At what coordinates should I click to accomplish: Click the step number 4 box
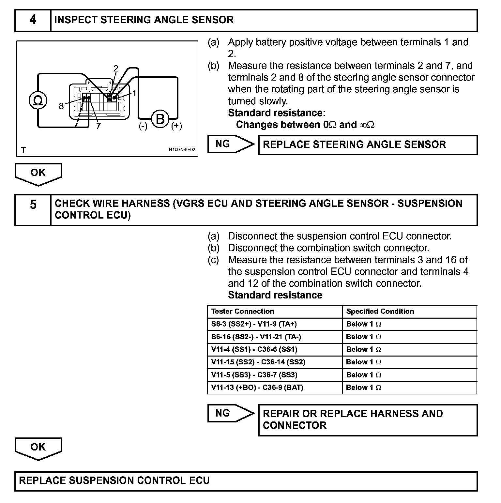click(x=33, y=20)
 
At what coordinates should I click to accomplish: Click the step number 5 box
click(x=33, y=209)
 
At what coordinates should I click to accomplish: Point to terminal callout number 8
click(x=61, y=106)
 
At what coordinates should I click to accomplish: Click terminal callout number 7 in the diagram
click(x=98, y=126)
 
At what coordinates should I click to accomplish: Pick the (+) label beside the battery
click(x=176, y=126)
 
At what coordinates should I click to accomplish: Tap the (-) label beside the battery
click(x=143, y=126)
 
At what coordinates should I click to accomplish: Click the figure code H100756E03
click(x=182, y=150)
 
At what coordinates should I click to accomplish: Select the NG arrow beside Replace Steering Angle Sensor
click(x=231, y=144)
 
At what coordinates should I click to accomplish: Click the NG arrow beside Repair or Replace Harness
click(x=231, y=413)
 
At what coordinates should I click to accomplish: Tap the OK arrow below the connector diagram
click(x=38, y=174)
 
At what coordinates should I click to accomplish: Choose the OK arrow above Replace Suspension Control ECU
click(x=38, y=448)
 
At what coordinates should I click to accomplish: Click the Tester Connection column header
click(x=242, y=311)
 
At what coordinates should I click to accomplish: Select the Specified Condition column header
click(x=380, y=311)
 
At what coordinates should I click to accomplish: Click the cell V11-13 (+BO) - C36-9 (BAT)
click(x=257, y=388)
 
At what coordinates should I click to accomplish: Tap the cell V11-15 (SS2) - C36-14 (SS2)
click(x=258, y=362)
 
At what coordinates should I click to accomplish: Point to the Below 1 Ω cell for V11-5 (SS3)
click(x=363, y=375)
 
